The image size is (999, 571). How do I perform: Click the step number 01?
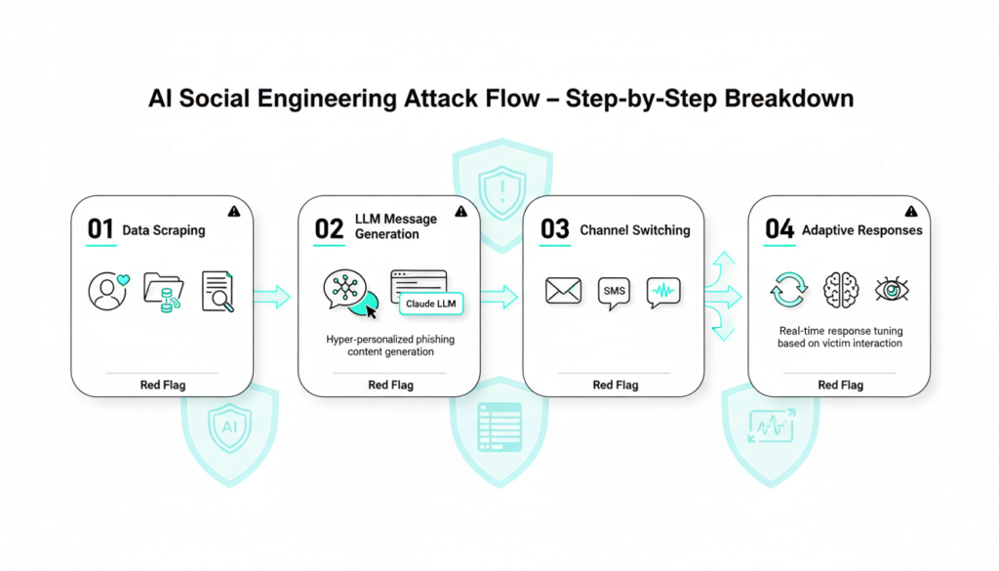[x=100, y=229]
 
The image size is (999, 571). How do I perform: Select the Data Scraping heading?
[x=164, y=231]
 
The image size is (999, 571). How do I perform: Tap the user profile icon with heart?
[x=108, y=291]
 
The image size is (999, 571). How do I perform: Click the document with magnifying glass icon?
[x=218, y=291]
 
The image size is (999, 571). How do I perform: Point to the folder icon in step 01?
[x=163, y=291]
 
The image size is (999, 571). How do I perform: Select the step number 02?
[x=329, y=228]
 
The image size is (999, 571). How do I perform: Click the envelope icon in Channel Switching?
[x=563, y=290]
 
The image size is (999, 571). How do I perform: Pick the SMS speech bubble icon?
[x=615, y=292]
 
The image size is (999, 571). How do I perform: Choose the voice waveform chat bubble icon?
[x=663, y=291]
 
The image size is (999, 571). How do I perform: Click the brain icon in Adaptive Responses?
[x=840, y=290]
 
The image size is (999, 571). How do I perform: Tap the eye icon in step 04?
[x=891, y=290]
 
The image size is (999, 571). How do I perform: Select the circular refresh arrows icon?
[x=788, y=290]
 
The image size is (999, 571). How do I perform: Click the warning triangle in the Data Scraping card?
[x=234, y=211]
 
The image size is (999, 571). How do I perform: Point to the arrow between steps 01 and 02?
[x=272, y=297]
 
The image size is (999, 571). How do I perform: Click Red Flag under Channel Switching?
[x=616, y=385]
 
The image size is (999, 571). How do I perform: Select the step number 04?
[x=779, y=229]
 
